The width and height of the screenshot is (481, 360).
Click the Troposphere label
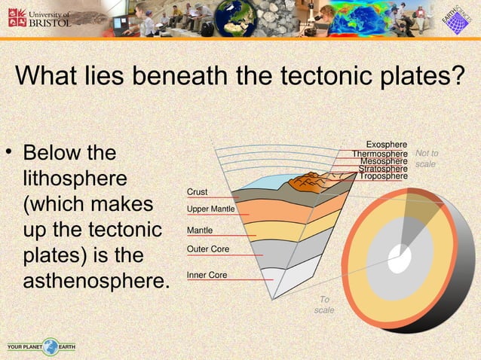pyautogui.click(x=383, y=176)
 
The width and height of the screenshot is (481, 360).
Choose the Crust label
pyautogui.click(x=198, y=193)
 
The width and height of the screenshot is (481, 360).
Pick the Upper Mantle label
pyautogui.click(x=211, y=209)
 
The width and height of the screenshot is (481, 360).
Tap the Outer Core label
pyautogui.click(x=208, y=249)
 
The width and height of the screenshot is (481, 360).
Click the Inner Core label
pyautogui.click(x=207, y=276)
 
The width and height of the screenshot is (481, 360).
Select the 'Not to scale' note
pyautogui.click(x=427, y=158)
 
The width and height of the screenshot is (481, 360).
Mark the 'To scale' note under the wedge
pyautogui.click(x=324, y=305)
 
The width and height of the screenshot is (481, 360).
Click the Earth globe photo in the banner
pyautogui.click(x=234, y=18)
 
